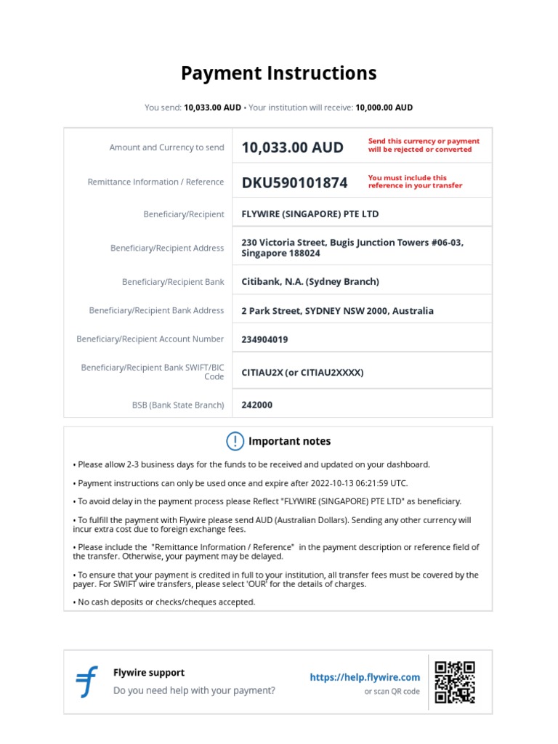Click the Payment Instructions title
coord(278,73)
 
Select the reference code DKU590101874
coord(294,182)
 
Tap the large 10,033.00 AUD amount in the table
coord(292,147)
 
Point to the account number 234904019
coord(264,339)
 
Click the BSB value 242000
coord(257,405)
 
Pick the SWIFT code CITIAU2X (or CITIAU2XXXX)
coord(302,373)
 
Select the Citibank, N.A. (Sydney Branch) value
coord(310,282)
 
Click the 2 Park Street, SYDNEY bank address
coord(337,311)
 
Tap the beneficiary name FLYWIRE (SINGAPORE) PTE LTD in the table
coord(310,214)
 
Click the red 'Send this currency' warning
coord(424,145)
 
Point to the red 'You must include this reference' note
coord(415,182)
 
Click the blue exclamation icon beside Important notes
coord(235,441)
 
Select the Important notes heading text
coord(289,441)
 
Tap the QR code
coord(454,682)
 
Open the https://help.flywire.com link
coord(365,677)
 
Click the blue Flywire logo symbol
coord(87,682)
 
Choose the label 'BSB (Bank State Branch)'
coord(178,405)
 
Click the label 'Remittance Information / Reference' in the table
coord(155,182)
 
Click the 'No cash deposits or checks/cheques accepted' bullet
coord(166,602)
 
